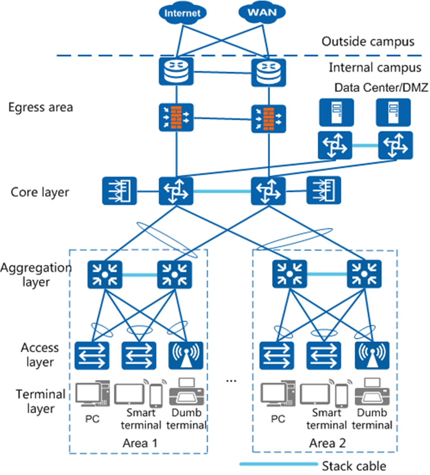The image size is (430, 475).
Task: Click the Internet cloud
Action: coord(182,13)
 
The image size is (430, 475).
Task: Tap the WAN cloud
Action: coord(262,12)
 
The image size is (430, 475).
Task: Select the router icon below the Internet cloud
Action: coord(176,72)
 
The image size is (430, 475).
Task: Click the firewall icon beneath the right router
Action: coord(269,119)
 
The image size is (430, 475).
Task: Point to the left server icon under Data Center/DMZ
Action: coord(336,112)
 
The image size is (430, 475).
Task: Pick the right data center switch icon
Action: coord(395,145)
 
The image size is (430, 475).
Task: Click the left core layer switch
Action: coord(176,191)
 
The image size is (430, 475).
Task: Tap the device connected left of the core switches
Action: coord(119,191)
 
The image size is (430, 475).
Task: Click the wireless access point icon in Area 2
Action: coord(372,355)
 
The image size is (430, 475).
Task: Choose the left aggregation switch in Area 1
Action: coord(105,274)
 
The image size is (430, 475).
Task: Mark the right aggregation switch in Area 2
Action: coord(364,274)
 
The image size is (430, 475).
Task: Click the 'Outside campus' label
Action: coord(368,41)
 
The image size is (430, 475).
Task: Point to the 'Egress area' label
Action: coord(40,107)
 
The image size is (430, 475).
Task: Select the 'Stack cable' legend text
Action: coord(354,466)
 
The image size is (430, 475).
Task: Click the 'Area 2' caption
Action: coord(327,443)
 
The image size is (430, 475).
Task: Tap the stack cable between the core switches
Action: coord(222,191)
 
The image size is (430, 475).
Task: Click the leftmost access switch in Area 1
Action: coord(92,355)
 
